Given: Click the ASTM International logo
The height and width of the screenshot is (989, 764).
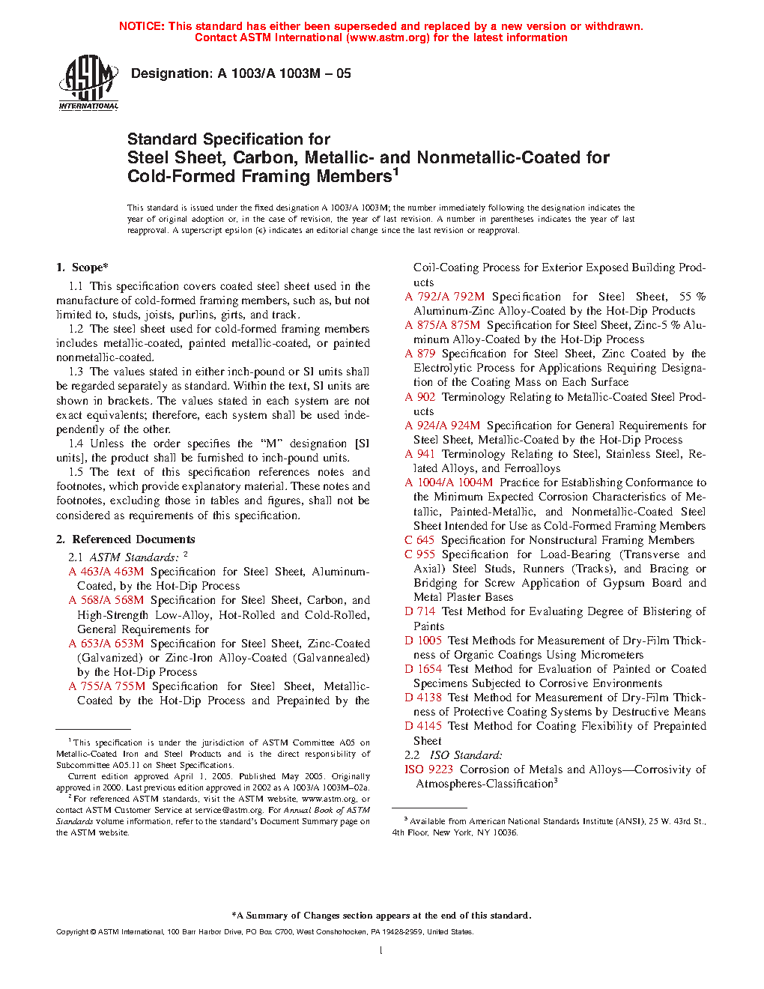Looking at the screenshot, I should pos(88,82).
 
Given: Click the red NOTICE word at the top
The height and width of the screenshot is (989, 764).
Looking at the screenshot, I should pos(142,26).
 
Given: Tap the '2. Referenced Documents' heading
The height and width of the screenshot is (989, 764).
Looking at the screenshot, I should pos(126,539).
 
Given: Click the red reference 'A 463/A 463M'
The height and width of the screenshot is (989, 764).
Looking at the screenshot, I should pos(106,572).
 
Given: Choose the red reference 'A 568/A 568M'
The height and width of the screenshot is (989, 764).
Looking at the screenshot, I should pos(106,600).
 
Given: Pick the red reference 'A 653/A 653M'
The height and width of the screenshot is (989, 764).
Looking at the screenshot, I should pos(106,644).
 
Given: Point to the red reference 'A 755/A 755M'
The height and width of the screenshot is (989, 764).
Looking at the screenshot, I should pos(106,686).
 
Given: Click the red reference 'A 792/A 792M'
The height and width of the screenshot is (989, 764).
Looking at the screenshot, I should pos(444,297).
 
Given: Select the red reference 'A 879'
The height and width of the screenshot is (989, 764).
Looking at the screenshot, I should pos(419,354).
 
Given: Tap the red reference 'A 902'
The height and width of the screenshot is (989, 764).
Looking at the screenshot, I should pos(419,397).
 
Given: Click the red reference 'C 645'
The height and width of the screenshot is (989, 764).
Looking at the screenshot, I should pos(419,540).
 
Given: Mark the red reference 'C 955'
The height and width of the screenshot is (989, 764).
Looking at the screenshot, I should pos(419,554).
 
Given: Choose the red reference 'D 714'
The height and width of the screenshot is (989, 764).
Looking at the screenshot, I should pos(419,611).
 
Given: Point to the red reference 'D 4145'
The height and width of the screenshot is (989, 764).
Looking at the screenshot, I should pos(423,726).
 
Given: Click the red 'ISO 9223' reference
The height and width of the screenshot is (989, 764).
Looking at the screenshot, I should pos(428,769).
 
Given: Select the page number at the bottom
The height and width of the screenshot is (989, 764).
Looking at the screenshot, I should pos(381,951).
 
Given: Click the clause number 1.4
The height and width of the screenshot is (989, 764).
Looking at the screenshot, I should pos(76,444).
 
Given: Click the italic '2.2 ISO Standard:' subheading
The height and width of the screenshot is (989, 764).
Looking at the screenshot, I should pos(453,755).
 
